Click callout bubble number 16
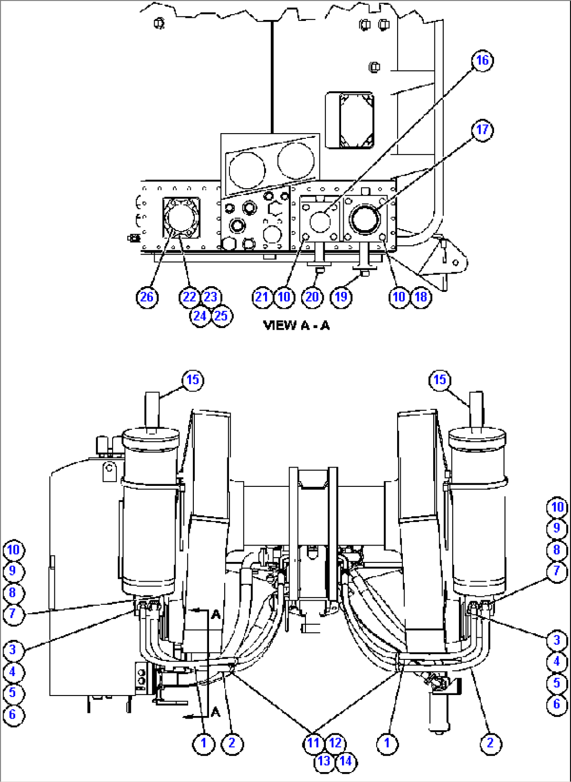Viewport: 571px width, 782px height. [x=482, y=60]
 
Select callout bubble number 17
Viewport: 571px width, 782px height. [x=482, y=129]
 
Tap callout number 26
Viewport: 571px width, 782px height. [x=147, y=297]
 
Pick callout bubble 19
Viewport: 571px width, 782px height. [x=341, y=297]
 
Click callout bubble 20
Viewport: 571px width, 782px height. [x=312, y=297]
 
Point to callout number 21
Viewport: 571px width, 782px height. [x=262, y=297]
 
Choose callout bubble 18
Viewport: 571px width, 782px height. [x=421, y=297]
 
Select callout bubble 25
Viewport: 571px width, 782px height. [x=221, y=316]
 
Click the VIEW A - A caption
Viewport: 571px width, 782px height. [x=297, y=325]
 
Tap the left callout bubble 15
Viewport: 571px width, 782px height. [x=193, y=380]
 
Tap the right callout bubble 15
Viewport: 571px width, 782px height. [x=440, y=380]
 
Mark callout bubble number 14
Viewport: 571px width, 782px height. [x=346, y=761]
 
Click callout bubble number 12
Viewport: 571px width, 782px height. [x=335, y=743]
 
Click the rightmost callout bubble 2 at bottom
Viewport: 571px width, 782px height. [x=490, y=743]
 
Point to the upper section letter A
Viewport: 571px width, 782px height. [x=216, y=614]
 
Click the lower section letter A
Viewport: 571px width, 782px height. [x=216, y=712]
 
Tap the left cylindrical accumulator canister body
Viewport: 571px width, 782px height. [x=149, y=514]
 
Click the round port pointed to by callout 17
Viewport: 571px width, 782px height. [x=365, y=219]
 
